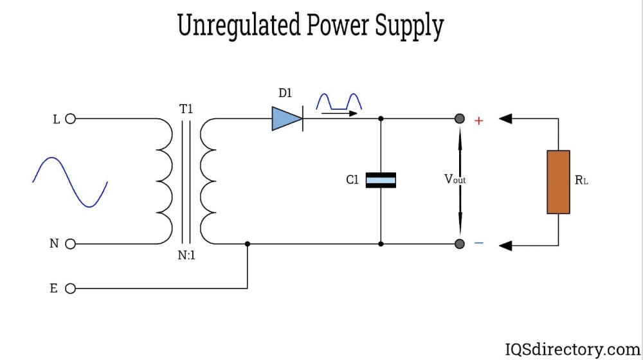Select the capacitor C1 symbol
(381, 180)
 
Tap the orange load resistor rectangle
(558, 182)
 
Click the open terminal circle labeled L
(71, 119)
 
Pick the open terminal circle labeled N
(71, 244)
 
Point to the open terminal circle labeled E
(71, 289)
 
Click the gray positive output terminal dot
(460, 119)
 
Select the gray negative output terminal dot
(460, 244)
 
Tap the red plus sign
(478, 120)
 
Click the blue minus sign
(479, 243)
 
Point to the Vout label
(455, 180)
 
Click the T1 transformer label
(186, 109)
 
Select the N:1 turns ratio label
(186, 255)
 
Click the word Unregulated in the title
(239, 26)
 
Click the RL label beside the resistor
(581, 181)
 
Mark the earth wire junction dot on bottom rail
(248, 244)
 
